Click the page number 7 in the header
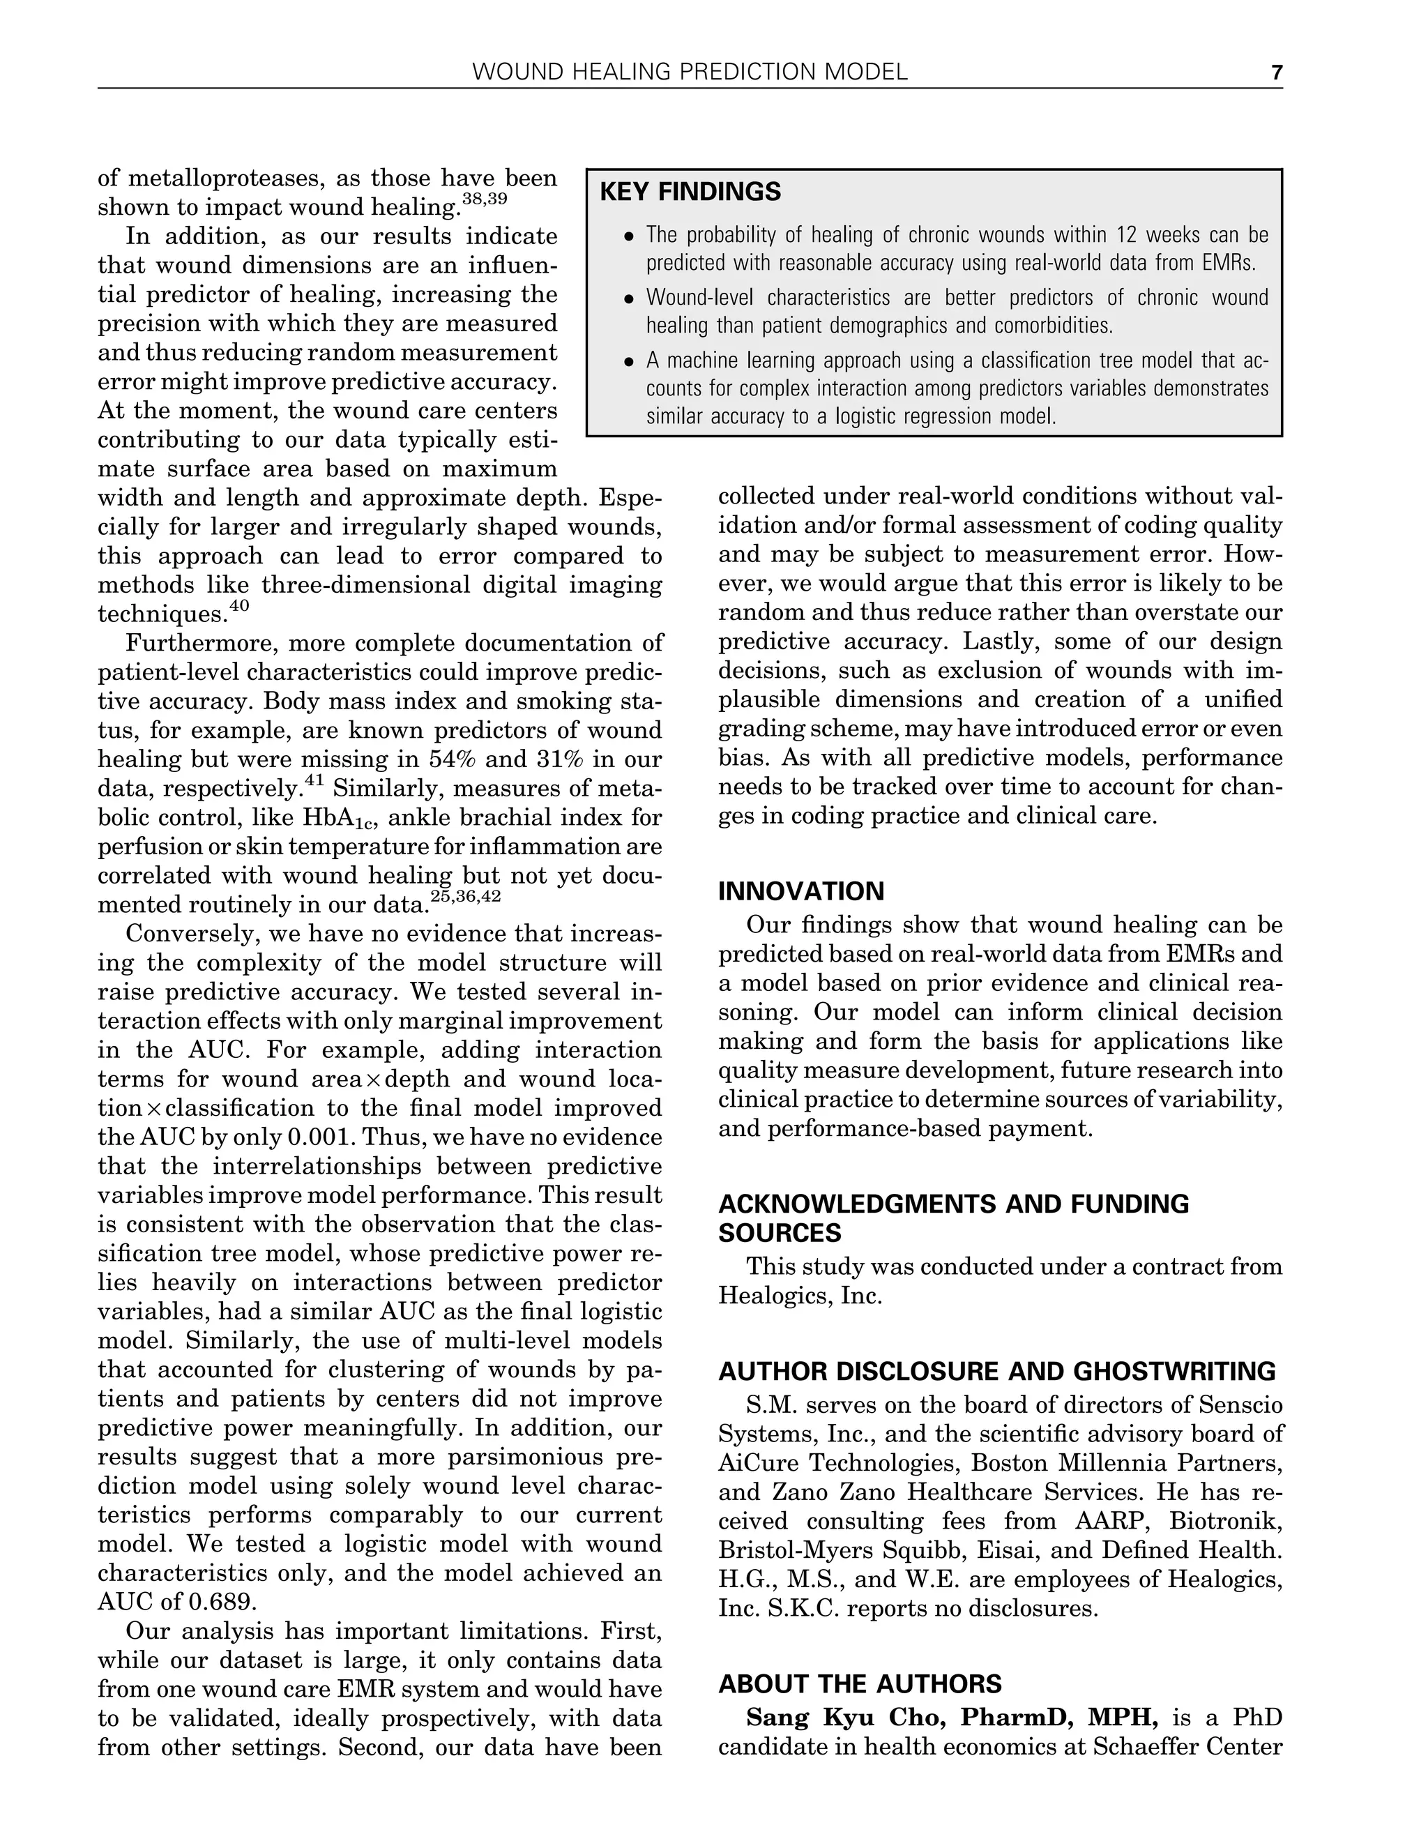[1277, 73]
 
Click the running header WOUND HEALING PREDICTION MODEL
[690, 73]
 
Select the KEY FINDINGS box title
[690, 192]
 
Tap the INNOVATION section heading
[801, 891]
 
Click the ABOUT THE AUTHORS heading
[860, 1684]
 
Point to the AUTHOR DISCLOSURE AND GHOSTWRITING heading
[996, 1371]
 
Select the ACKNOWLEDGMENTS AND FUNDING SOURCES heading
[953, 1218]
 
